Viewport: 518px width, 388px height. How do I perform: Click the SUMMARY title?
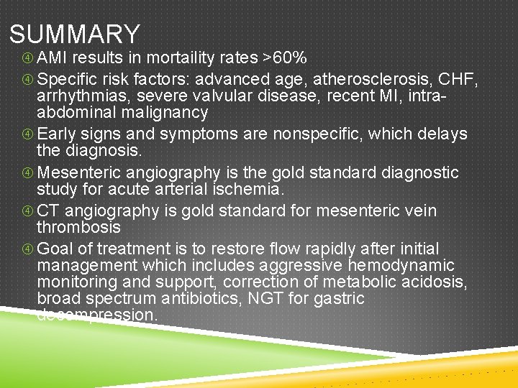(x=75, y=34)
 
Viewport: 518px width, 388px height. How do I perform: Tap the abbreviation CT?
(x=48, y=211)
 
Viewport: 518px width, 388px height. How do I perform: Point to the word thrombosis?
(x=78, y=227)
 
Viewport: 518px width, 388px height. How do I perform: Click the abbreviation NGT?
(x=304, y=298)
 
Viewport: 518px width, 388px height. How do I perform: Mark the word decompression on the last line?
(x=96, y=315)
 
